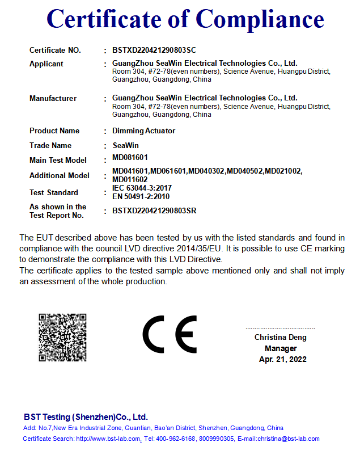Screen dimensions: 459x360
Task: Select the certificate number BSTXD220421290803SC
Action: click(154, 50)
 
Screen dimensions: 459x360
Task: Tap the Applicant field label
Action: click(46, 64)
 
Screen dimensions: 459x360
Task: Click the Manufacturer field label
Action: click(53, 99)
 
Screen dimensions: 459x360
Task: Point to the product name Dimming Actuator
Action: click(144, 131)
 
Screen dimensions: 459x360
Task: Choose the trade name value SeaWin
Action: click(124, 146)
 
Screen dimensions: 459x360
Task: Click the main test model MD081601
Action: click(130, 157)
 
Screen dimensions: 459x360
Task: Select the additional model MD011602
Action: click(130, 179)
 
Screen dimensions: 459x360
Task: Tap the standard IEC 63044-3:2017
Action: click(142, 188)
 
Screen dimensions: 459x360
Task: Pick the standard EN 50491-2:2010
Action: click(141, 196)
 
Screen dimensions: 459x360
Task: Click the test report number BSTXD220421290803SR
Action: click(154, 211)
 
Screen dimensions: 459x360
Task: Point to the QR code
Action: click(62, 337)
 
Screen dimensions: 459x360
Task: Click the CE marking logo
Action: click(170, 334)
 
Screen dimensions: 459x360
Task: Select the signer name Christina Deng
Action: click(280, 338)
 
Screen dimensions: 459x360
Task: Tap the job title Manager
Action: click(281, 348)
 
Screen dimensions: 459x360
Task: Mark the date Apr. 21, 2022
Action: click(282, 359)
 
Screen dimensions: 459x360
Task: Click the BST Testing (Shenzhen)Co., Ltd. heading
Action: click(86, 417)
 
